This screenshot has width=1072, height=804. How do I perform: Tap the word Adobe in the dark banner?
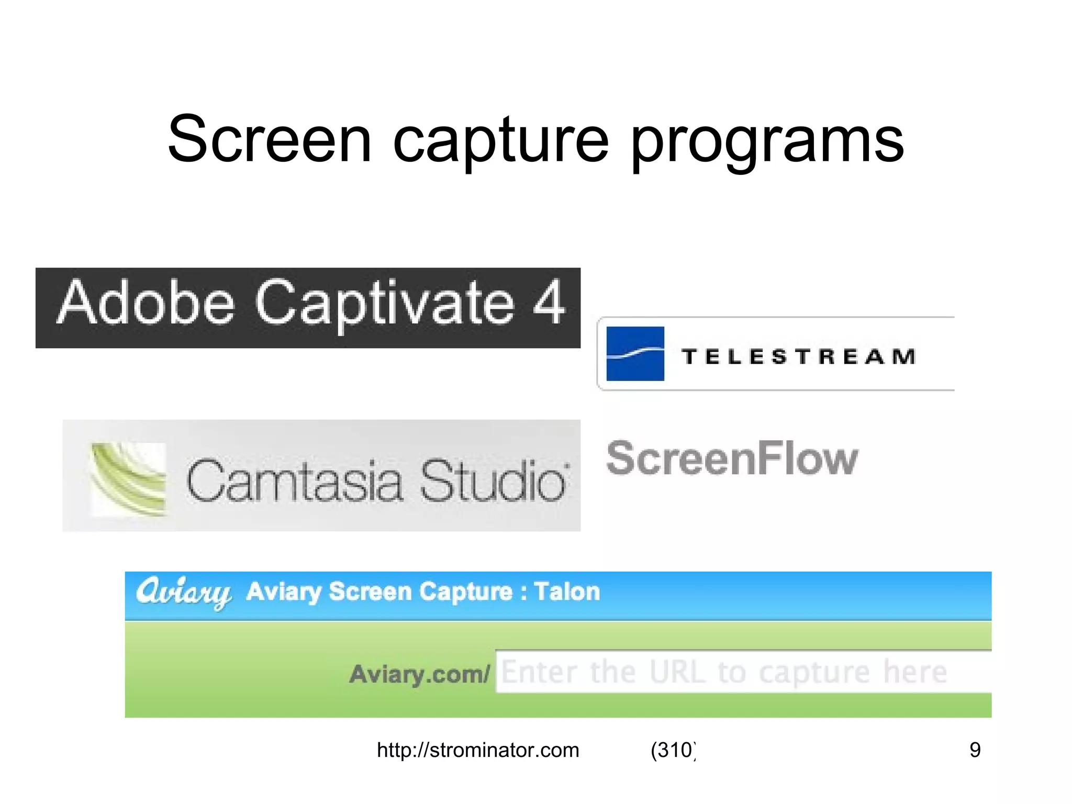pyautogui.click(x=146, y=304)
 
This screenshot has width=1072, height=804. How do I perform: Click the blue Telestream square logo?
pyautogui.click(x=635, y=354)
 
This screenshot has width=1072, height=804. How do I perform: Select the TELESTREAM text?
pyautogui.click(x=799, y=357)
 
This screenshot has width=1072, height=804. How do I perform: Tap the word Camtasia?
pyautogui.click(x=294, y=481)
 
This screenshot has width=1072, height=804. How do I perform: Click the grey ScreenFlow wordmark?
pyautogui.click(x=732, y=459)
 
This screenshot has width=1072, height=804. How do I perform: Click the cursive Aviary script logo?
pyautogui.click(x=183, y=593)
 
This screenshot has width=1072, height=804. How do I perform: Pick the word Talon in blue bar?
pyautogui.click(x=567, y=592)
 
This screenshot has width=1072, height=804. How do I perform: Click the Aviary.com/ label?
pyautogui.click(x=419, y=674)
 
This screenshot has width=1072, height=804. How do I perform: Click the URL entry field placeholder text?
pyautogui.click(x=724, y=672)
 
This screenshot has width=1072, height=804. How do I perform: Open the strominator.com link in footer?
pyautogui.click(x=478, y=751)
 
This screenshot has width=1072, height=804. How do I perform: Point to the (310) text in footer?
pyautogui.click(x=673, y=751)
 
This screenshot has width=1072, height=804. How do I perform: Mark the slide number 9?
pyautogui.click(x=975, y=750)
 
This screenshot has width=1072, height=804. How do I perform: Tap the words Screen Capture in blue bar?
pyautogui.click(x=420, y=592)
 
